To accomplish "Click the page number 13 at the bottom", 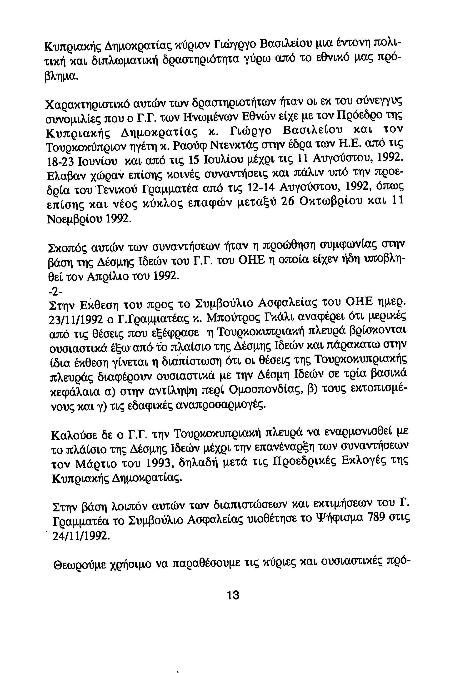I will (233, 595).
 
